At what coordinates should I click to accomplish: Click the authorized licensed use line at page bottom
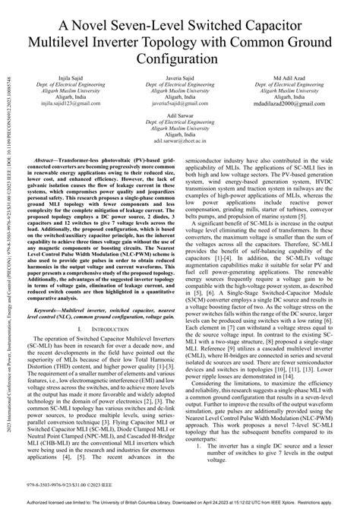click(180, 504)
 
